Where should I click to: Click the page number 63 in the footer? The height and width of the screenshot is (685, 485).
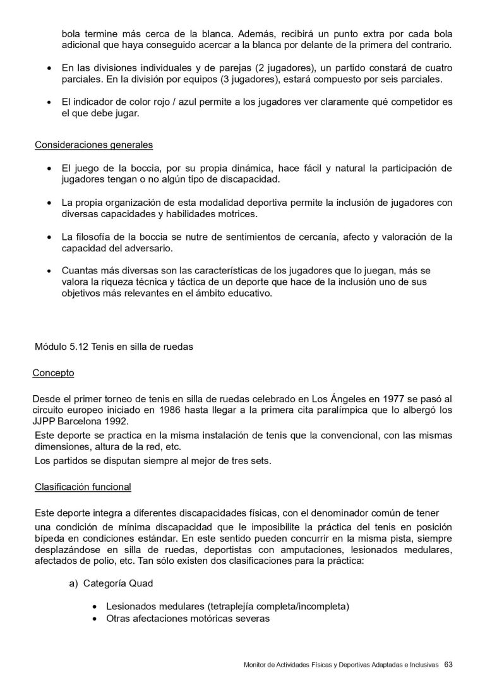tap(448, 664)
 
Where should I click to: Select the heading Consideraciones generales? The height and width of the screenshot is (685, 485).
tap(93, 145)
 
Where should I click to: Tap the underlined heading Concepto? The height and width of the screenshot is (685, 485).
tap(53, 373)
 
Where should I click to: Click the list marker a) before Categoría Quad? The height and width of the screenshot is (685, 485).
tap(73, 583)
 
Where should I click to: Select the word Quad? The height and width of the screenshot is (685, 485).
tap(140, 583)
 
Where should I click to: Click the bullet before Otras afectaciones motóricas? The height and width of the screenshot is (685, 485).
tap(94, 619)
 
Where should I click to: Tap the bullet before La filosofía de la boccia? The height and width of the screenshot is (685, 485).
tap(50, 237)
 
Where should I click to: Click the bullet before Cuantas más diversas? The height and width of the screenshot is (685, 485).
tap(50, 271)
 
